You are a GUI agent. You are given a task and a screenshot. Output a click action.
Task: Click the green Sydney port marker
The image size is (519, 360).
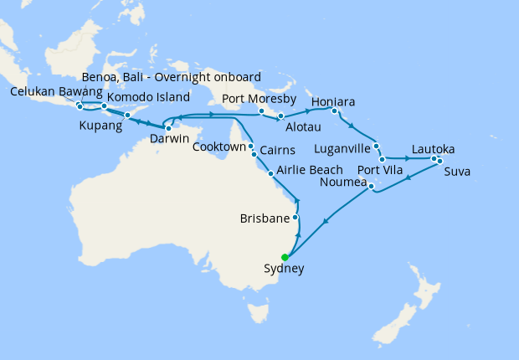coord(285,257)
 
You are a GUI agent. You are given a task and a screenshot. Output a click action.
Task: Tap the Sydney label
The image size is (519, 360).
coord(284,270)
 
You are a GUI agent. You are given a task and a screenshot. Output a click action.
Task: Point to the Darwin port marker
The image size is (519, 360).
coord(168,128)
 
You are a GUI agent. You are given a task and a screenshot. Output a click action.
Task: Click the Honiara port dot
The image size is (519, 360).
coord(334,111)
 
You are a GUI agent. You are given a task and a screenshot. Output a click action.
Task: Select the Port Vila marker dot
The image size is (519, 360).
coord(382,158)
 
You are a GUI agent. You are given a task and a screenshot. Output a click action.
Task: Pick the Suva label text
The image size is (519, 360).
coord(457,172)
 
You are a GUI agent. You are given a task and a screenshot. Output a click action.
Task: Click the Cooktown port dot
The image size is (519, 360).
coord(250,146)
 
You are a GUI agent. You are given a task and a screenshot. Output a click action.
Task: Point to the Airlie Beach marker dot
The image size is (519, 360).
coord(270,173)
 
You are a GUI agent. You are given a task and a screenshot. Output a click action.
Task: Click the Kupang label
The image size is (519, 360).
coord(100,126)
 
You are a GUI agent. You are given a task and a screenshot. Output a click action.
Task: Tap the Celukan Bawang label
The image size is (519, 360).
coord(56,91)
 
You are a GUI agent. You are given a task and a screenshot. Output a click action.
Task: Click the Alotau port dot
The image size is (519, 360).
coord(281,116)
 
